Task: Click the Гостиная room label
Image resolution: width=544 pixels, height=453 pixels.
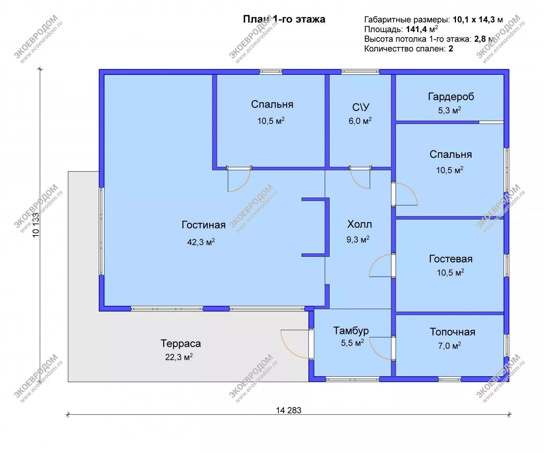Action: [204, 225]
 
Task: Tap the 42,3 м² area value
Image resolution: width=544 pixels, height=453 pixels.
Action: [201, 242]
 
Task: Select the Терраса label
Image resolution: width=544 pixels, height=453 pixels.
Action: [180, 343]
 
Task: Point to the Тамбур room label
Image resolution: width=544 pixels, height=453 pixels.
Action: [351, 331]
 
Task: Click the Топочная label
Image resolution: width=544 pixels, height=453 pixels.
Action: [452, 332]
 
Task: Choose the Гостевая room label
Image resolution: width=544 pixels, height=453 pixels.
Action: [451, 259]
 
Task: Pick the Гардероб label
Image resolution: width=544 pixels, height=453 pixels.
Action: [451, 97]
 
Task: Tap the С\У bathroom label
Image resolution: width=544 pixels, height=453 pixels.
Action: [361, 107]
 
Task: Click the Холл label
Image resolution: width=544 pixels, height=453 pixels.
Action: [360, 224]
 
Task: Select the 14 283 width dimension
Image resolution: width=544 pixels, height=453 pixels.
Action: [289, 411]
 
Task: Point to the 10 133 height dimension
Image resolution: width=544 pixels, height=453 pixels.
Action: [36, 225]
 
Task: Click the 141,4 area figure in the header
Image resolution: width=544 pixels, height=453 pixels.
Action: [416, 29]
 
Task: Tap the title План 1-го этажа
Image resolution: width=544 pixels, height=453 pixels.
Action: [284, 19]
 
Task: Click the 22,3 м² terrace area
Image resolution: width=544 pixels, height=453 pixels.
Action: [179, 357]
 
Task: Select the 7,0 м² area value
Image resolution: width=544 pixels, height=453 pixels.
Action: [450, 346]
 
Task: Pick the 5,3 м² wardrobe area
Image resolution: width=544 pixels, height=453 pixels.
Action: [450, 110]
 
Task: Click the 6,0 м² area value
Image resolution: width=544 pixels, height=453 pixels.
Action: [360, 121]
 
